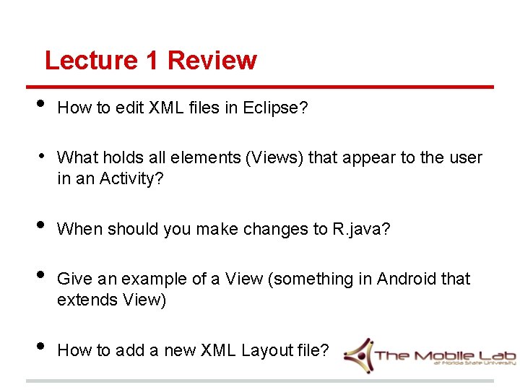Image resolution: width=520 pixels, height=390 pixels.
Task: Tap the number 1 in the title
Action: tap(152, 61)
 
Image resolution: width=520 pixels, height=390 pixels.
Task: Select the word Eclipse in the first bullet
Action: tap(272, 108)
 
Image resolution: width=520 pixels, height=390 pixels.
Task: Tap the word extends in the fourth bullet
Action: tap(85, 299)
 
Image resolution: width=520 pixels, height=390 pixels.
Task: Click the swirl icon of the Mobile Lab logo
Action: tap(358, 354)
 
